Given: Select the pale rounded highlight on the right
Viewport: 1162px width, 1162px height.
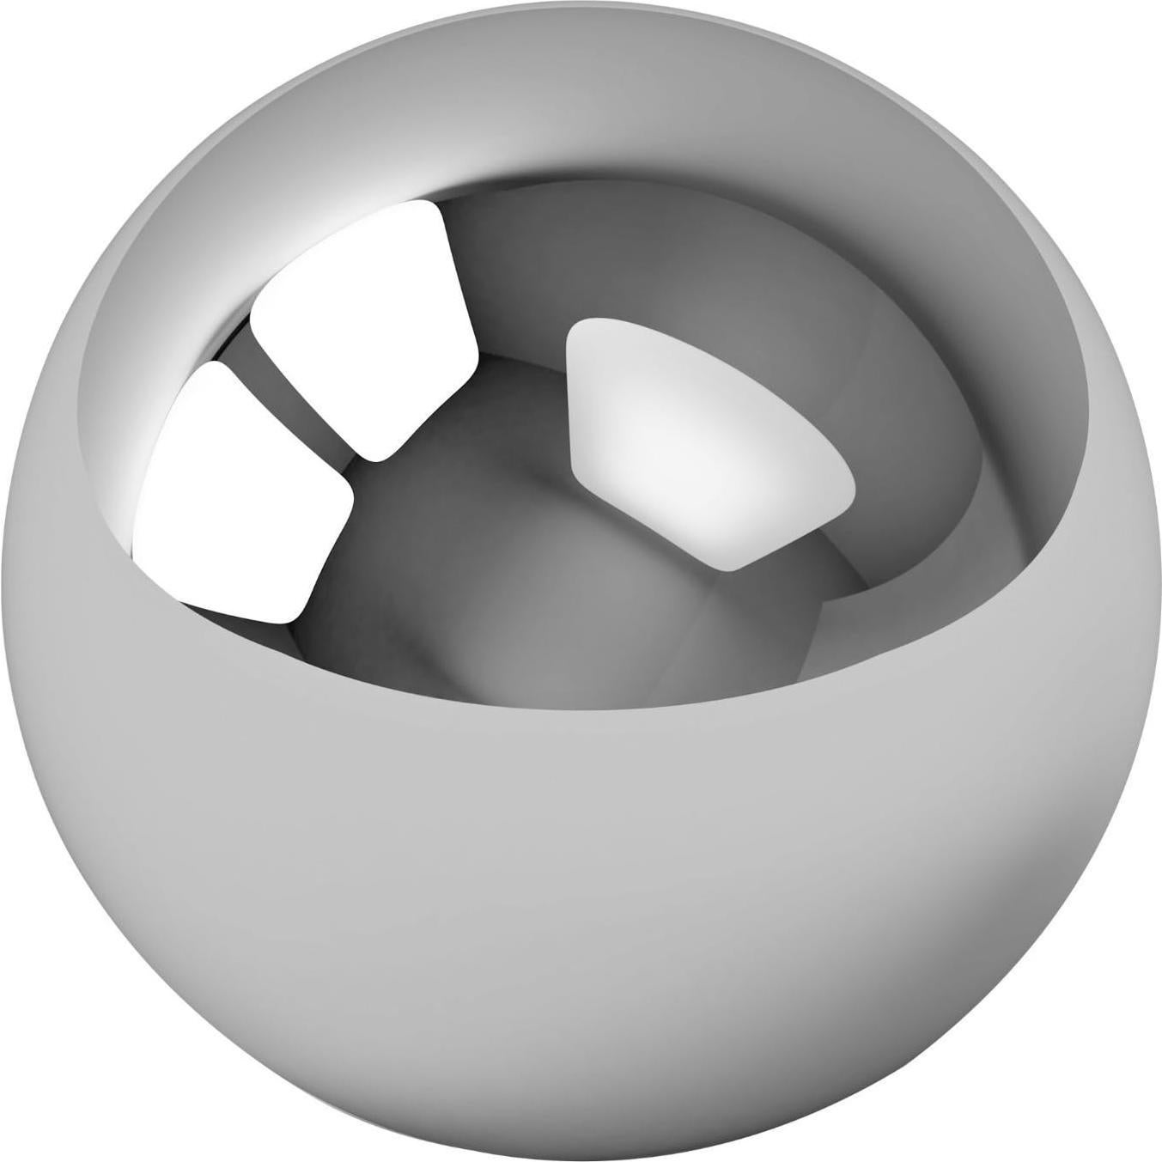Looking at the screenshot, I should coord(696,429).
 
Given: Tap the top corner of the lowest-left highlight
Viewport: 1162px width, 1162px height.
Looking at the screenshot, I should coord(206,365).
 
